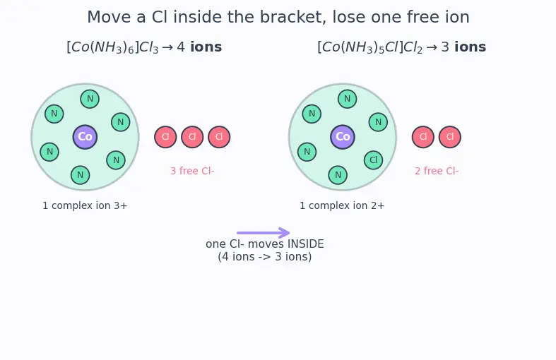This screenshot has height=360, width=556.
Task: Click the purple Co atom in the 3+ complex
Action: coord(85,137)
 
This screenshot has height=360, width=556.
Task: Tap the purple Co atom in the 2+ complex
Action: coord(343,137)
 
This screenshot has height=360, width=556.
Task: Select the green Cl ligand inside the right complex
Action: coord(374,160)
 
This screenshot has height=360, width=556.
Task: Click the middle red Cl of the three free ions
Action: coord(192,137)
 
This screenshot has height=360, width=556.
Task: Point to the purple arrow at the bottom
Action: coord(264,233)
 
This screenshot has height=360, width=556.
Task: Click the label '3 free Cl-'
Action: coord(192,171)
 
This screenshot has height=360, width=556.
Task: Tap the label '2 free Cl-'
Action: coord(437,171)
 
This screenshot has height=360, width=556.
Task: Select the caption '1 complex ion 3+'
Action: coord(85,205)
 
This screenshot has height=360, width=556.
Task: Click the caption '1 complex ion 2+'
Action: coord(342,205)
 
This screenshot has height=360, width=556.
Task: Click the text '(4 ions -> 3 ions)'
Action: coord(265,256)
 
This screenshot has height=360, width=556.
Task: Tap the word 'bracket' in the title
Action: coord(292,17)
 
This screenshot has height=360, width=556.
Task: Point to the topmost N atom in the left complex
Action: coord(90,99)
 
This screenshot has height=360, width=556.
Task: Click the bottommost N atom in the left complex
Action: coord(80,175)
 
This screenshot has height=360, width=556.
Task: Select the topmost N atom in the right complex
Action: coord(347,99)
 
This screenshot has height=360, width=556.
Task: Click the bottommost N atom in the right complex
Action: coord(338,175)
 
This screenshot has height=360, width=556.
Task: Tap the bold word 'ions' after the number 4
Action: coord(206,47)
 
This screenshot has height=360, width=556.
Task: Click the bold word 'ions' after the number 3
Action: coord(471,47)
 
